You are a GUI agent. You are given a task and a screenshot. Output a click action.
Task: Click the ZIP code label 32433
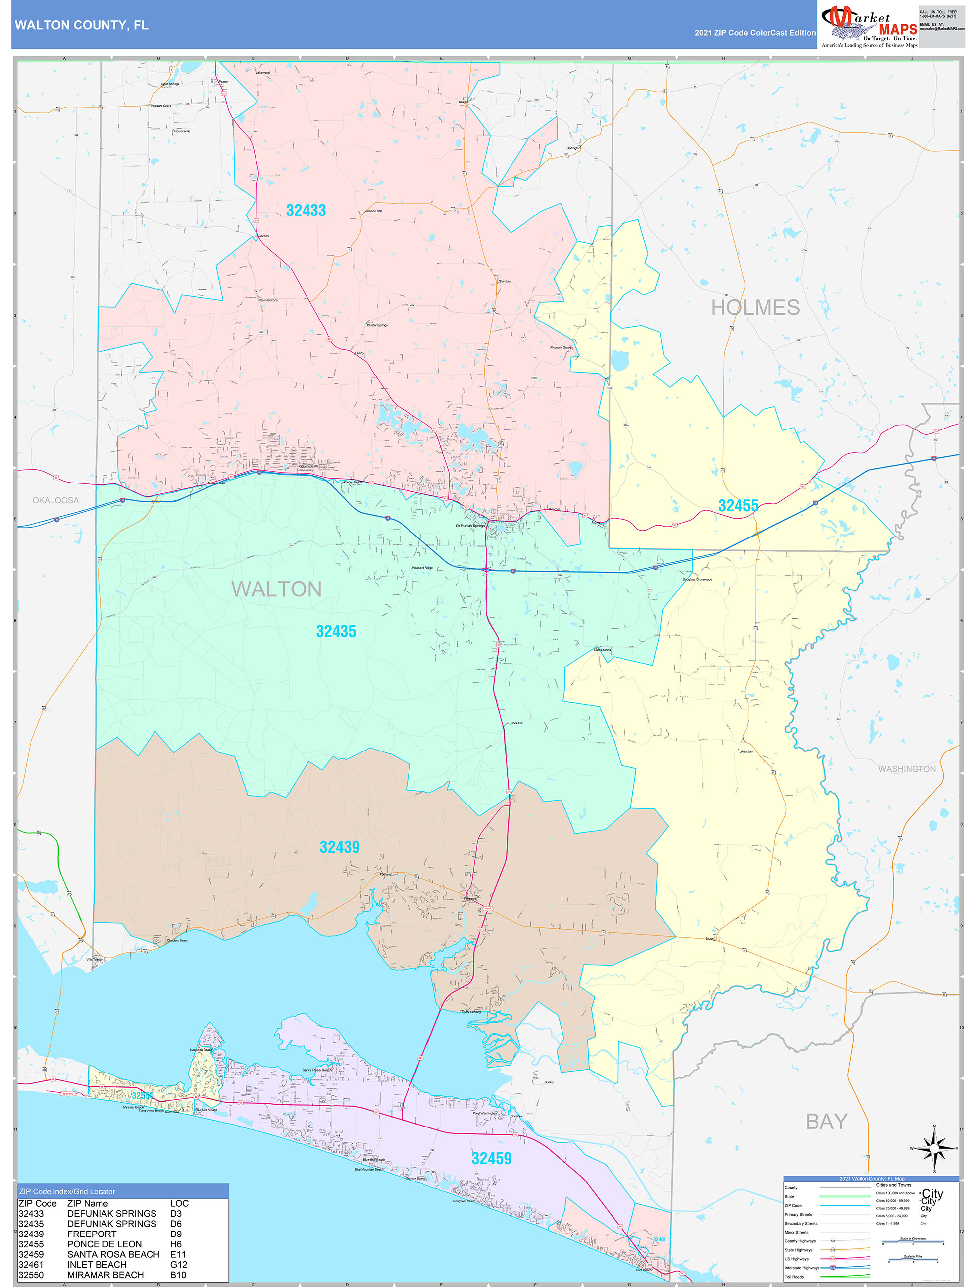[306, 210]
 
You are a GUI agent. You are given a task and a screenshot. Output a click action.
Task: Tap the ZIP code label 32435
[335, 631]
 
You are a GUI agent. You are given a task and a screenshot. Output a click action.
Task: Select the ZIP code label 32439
[339, 847]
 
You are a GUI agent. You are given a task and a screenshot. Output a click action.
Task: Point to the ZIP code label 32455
[738, 505]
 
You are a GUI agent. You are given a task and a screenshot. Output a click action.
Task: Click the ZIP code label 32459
[491, 1158]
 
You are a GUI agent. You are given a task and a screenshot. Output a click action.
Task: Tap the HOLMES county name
[755, 308]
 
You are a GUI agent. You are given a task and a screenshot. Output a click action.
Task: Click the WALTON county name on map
[276, 590]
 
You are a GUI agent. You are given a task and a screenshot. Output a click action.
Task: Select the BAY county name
[825, 1122]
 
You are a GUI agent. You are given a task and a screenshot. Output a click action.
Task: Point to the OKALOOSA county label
[55, 500]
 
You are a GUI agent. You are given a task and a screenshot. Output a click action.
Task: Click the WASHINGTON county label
[907, 769]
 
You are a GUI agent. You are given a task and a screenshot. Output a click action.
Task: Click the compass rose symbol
[934, 1149]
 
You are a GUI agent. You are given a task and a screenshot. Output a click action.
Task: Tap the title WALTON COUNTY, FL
[82, 25]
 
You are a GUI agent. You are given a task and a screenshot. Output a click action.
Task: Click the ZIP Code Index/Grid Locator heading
[67, 1192]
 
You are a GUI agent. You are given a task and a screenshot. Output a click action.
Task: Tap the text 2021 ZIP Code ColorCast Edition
[755, 33]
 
